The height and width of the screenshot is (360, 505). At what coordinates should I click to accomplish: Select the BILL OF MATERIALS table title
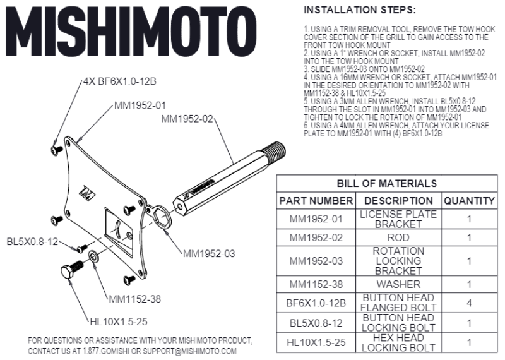point(386,183)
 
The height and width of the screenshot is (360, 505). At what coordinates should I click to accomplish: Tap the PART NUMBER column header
point(316,201)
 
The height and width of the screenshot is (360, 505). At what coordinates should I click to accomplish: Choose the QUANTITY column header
point(468,201)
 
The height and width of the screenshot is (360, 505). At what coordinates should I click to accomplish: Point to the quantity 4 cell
point(468,303)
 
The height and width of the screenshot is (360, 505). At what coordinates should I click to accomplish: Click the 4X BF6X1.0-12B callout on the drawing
point(119,83)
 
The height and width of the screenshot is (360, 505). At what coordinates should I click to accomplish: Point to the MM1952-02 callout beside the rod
point(187,118)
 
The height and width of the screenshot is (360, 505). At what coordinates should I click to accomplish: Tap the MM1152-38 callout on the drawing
point(135,299)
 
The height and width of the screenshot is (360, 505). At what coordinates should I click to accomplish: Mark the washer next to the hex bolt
point(93,256)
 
